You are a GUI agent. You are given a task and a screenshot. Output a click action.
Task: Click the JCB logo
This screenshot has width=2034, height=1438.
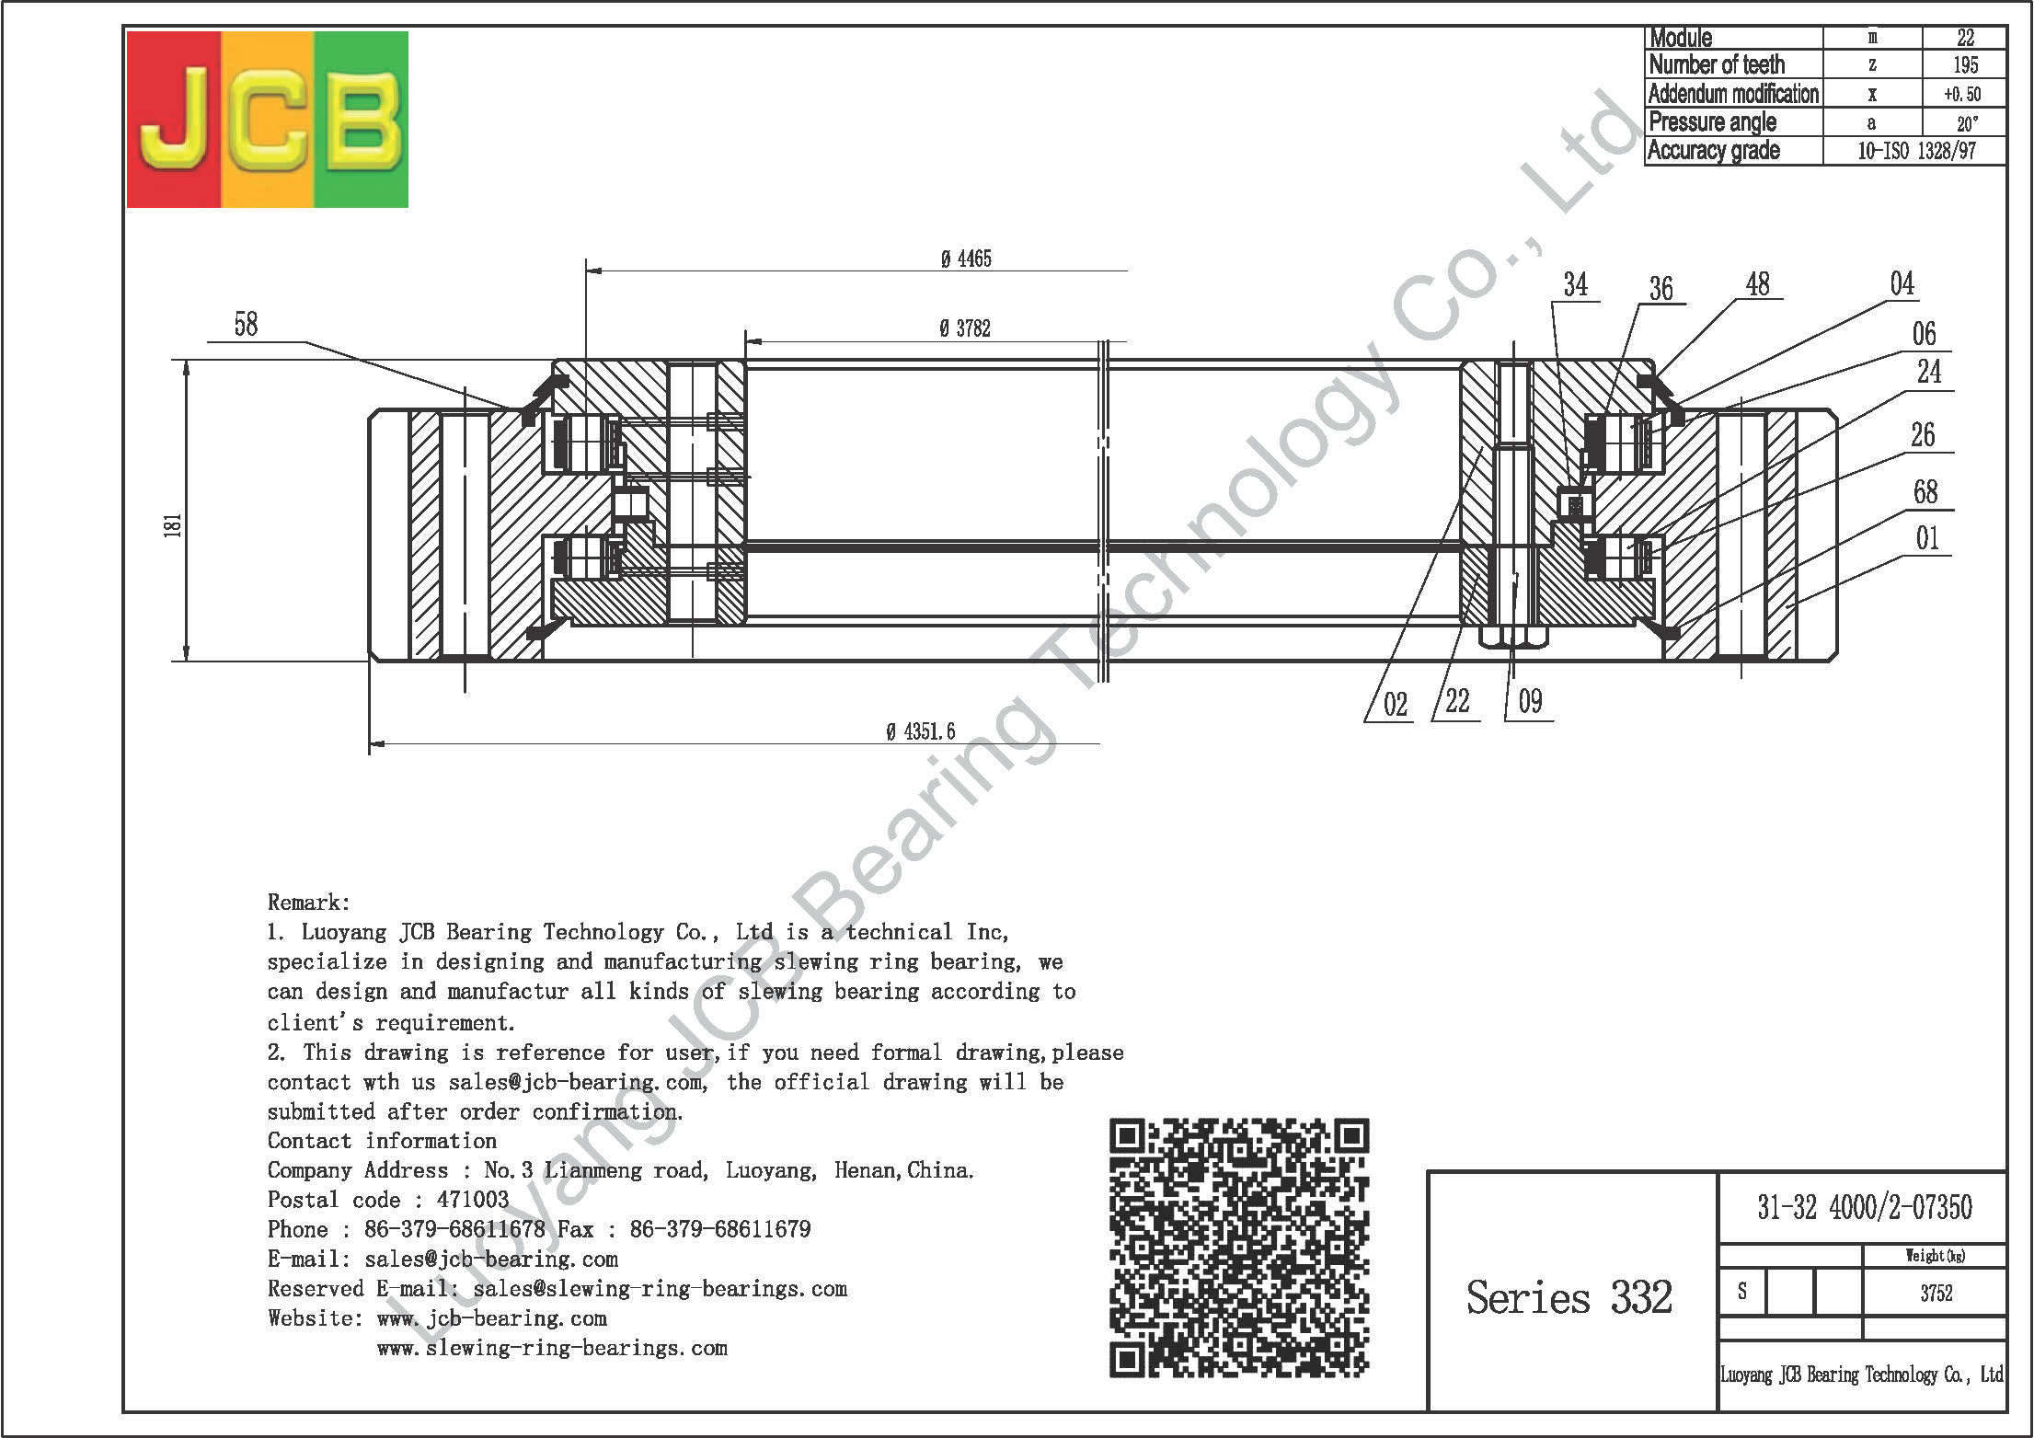point(267,119)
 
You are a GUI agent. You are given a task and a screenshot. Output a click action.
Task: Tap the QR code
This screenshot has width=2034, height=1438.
point(1240,1248)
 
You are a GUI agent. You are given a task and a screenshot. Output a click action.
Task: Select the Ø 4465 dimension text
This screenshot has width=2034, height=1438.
point(966,259)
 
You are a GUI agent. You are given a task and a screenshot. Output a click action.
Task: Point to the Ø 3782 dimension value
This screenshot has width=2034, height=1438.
point(965,328)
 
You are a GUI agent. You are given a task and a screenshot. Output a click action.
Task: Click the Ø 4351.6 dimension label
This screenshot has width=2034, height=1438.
point(920,731)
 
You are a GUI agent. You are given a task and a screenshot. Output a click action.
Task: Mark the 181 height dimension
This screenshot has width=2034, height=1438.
point(174,524)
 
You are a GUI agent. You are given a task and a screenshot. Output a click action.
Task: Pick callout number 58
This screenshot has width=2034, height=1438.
point(246,324)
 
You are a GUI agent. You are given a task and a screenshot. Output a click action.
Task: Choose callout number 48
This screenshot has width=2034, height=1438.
point(1757,284)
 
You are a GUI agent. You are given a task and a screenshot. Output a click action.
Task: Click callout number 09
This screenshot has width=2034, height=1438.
point(1530,702)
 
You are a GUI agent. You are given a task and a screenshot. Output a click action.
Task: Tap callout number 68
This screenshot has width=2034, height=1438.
point(1925,492)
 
